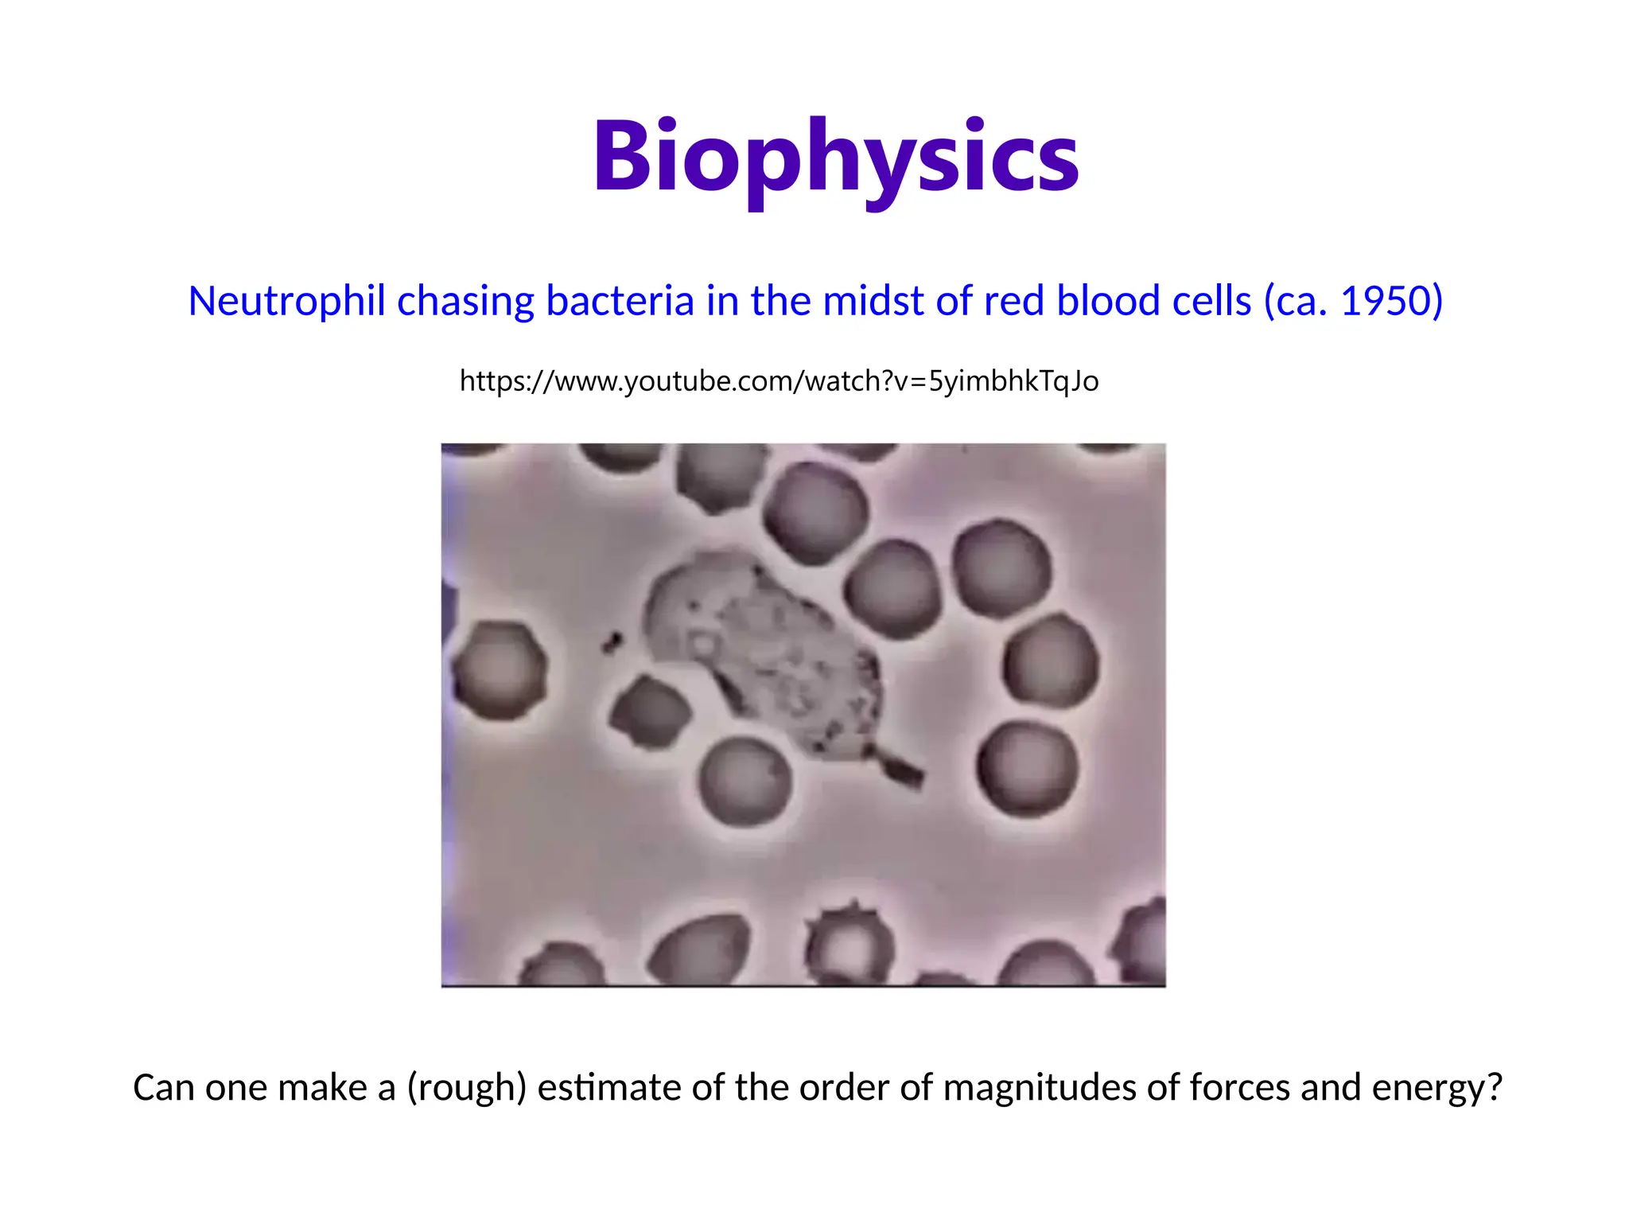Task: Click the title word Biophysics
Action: point(835,157)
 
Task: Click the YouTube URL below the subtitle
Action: point(779,381)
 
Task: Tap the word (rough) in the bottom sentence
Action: point(466,1087)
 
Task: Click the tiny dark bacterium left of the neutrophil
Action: point(612,641)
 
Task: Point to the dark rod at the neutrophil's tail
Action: point(903,769)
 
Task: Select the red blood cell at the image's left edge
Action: point(500,670)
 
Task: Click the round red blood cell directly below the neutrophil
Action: point(745,780)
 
